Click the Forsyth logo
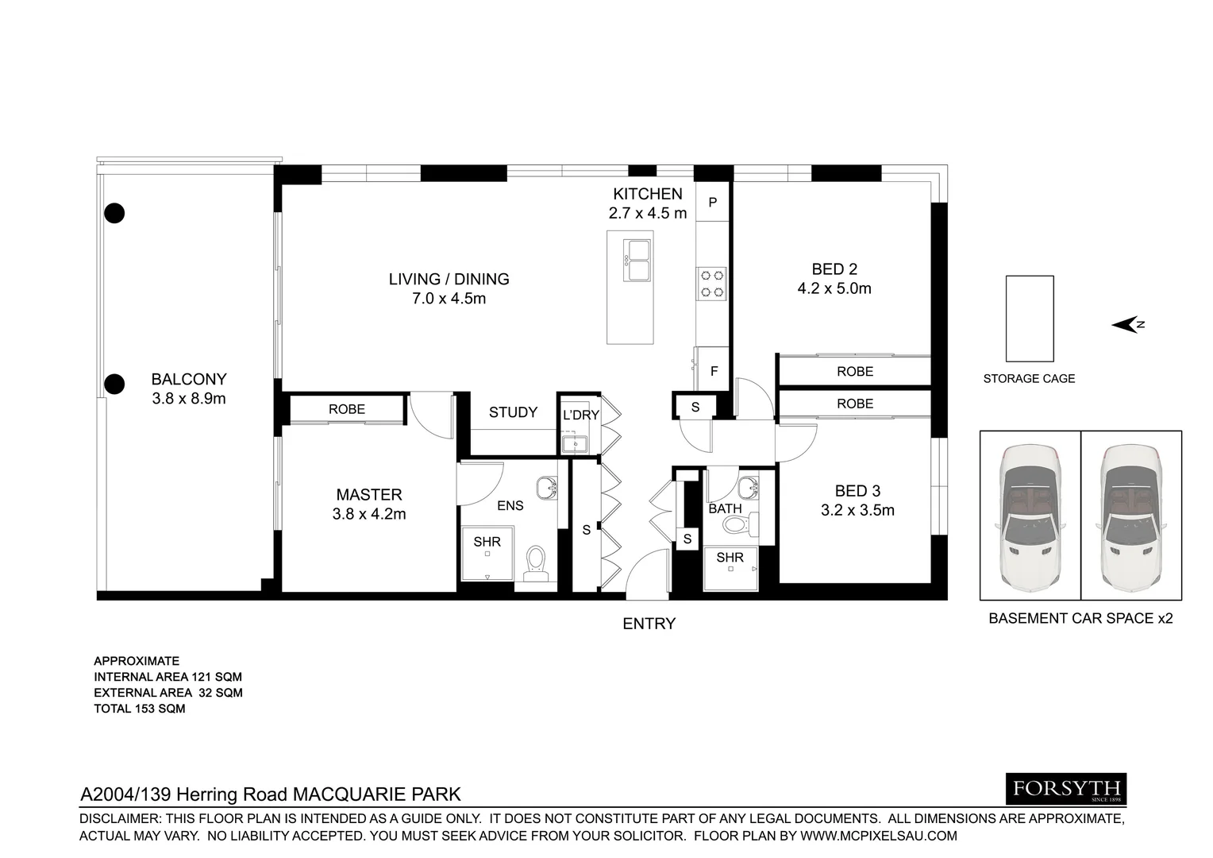pyautogui.click(x=1066, y=789)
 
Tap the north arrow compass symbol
pyautogui.click(x=1126, y=324)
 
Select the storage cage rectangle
pyautogui.click(x=1029, y=319)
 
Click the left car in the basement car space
pyautogui.click(x=1030, y=515)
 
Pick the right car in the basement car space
pyautogui.click(x=1131, y=515)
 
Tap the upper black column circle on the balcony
pyautogui.click(x=115, y=213)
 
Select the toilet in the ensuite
pyautogui.click(x=537, y=558)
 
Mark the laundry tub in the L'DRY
pyautogui.click(x=572, y=443)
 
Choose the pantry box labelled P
pyautogui.click(x=712, y=203)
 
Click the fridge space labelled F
pyautogui.click(x=714, y=371)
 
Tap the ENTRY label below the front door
pyautogui.click(x=649, y=624)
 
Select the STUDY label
pyautogui.click(x=513, y=412)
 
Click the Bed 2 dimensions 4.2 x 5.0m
pyautogui.click(x=834, y=289)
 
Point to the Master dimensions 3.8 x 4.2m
pyautogui.click(x=368, y=514)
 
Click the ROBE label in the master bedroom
pyautogui.click(x=347, y=409)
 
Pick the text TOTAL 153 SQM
pyautogui.click(x=140, y=709)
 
